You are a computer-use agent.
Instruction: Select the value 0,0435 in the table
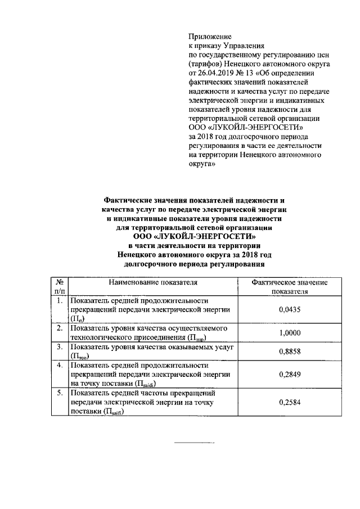tap(289, 310)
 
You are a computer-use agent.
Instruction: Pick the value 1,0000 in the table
tap(289, 332)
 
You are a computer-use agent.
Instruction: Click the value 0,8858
tap(289, 352)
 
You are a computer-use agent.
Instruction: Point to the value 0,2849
tap(289, 374)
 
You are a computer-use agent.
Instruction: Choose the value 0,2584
tap(289, 403)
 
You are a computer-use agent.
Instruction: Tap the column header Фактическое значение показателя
tap(289, 287)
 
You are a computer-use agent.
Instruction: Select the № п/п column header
tap(59, 287)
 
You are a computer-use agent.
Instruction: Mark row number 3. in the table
tap(59, 347)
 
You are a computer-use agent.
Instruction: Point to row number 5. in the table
tap(59, 393)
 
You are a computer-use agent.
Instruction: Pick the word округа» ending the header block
tap(201, 165)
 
